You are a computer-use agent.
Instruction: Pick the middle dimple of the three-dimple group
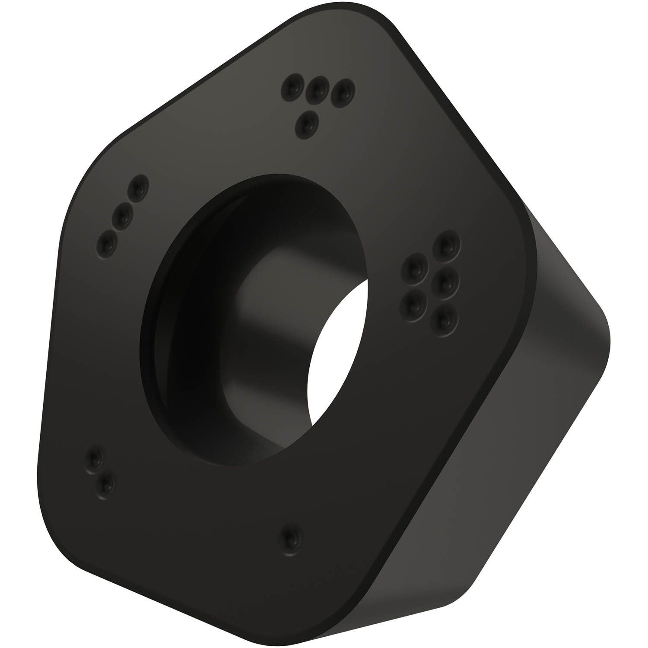pyautogui.click(x=123, y=214)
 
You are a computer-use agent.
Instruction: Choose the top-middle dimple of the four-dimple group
pyautogui.click(x=317, y=89)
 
